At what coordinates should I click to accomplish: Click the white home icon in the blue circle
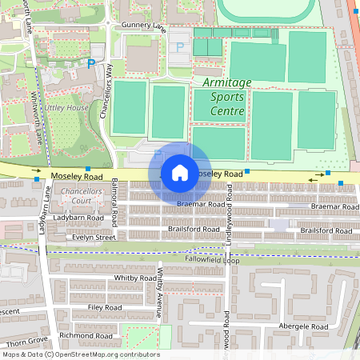click(179, 172)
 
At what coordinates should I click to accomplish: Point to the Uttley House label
click(66, 107)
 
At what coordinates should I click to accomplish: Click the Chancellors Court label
click(82, 197)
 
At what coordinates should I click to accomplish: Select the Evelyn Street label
click(94, 238)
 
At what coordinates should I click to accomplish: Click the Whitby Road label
click(135, 278)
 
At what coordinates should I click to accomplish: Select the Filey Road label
click(105, 307)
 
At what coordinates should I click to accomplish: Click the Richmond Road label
click(86, 336)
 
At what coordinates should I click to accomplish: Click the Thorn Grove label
click(23, 342)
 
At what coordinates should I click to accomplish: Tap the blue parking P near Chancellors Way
click(91, 63)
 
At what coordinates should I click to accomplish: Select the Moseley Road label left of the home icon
click(77, 175)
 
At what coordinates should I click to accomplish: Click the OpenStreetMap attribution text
click(80, 354)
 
